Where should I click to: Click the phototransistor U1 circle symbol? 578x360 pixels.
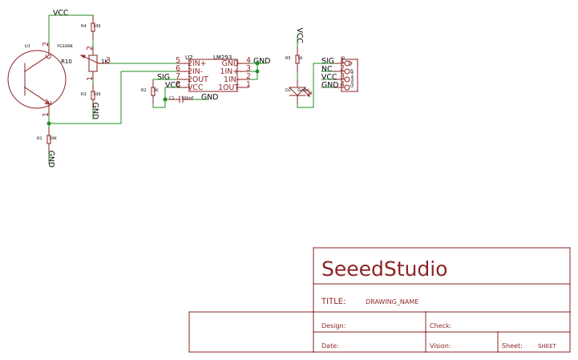37,79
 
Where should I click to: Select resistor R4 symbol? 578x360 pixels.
93,26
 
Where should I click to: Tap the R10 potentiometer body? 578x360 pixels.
93,63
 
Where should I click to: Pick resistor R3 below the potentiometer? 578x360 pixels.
93,94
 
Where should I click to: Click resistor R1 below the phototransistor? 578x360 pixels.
49,138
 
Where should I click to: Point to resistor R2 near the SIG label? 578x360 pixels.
153,91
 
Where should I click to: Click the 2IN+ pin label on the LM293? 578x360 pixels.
197,63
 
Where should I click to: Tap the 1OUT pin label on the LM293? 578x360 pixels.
228,87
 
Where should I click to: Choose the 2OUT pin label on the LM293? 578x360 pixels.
198,79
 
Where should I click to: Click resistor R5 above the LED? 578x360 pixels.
297,59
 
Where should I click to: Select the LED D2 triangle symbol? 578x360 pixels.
297,91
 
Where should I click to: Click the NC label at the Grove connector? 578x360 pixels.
327,69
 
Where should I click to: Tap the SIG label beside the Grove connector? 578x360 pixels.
328,61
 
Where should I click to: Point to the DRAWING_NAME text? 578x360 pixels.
392,302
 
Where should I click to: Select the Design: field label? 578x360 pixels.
333,326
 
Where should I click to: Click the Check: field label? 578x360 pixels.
440,326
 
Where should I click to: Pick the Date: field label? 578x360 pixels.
330,346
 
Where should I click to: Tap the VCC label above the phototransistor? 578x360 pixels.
60,13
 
